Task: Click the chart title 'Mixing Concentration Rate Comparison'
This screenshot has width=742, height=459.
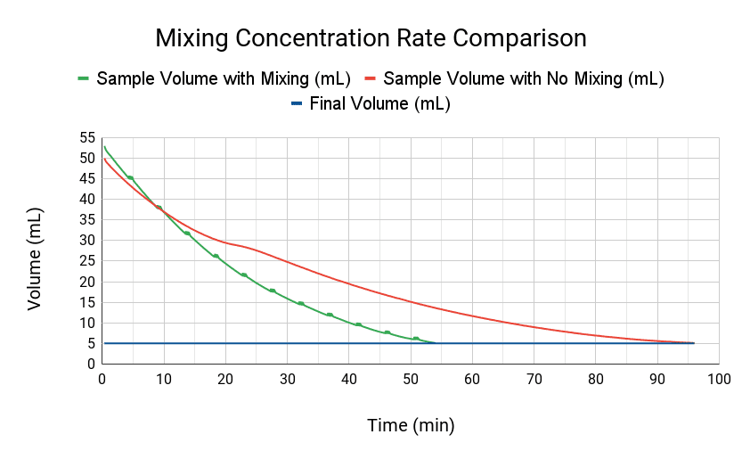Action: point(371,38)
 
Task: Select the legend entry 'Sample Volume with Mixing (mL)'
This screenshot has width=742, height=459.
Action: point(223,78)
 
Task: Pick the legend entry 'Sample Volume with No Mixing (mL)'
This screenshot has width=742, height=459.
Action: point(524,78)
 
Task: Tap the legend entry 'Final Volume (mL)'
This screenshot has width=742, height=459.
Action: point(379,103)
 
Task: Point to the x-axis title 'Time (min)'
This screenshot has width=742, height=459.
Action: point(411,425)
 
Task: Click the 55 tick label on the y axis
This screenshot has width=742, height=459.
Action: point(87,138)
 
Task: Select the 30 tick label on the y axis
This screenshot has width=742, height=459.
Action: point(87,241)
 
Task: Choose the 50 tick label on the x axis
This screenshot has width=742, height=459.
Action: point(411,380)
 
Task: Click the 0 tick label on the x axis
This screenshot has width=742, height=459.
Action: point(102,380)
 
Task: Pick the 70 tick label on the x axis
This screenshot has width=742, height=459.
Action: point(534,380)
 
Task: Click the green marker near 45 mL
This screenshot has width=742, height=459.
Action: point(130,178)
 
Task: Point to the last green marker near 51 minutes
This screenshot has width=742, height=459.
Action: point(416,339)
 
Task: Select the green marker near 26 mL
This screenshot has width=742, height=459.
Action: point(216,256)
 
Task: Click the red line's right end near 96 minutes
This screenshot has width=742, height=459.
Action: point(693,343)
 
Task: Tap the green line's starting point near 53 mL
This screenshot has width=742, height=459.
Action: point(104,147)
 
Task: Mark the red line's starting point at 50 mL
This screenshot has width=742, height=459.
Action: point(103,159)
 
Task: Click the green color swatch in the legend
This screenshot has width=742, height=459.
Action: point(83,78)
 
